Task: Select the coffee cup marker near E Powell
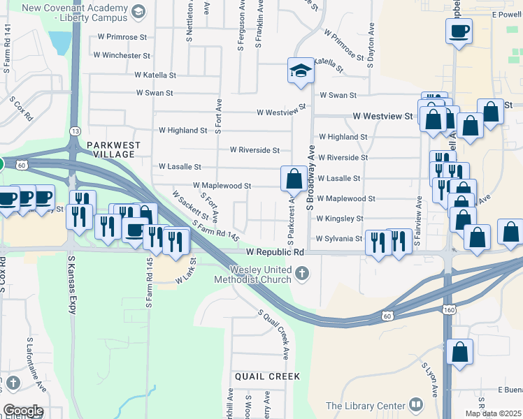459,31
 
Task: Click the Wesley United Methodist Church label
262,274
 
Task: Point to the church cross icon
302,274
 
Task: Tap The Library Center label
366,406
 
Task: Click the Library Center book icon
416,405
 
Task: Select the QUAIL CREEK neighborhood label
267,376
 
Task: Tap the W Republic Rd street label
275,251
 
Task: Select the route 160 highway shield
447,308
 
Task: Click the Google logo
23,411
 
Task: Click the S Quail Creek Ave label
273,335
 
